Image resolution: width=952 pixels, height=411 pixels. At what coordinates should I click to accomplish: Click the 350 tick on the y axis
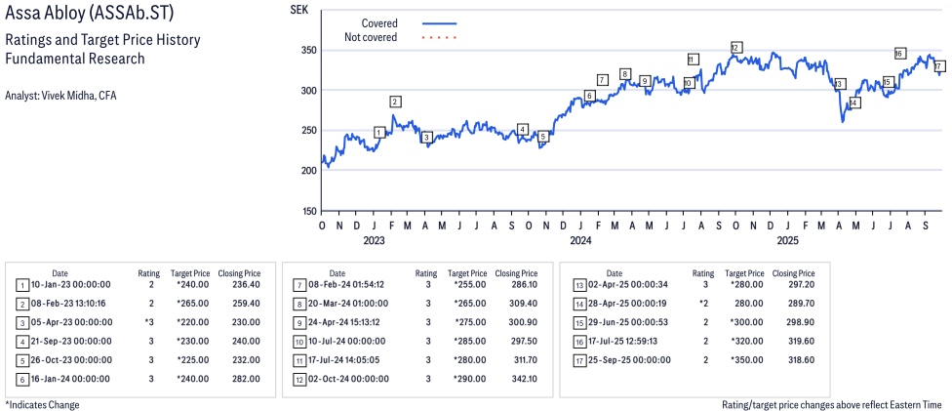[x=309, y=50]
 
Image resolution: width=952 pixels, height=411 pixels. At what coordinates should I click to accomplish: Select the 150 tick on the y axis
[x=309, y=211]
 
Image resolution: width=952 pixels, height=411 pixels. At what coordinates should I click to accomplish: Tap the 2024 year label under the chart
[x=580, y=239]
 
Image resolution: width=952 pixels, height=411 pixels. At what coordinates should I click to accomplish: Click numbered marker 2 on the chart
[x=395, y=102]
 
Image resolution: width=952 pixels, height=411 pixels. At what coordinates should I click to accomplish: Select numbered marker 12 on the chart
[x=735, y=47]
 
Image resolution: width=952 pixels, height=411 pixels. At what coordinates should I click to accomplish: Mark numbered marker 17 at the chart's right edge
[x=938, y=66]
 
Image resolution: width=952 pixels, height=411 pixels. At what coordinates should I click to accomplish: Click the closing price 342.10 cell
[x=517, y=380]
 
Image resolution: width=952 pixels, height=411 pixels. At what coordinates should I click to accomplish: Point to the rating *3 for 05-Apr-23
[x=150, y=322]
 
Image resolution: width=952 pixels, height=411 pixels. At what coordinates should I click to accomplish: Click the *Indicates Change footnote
[x=42, y=404]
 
